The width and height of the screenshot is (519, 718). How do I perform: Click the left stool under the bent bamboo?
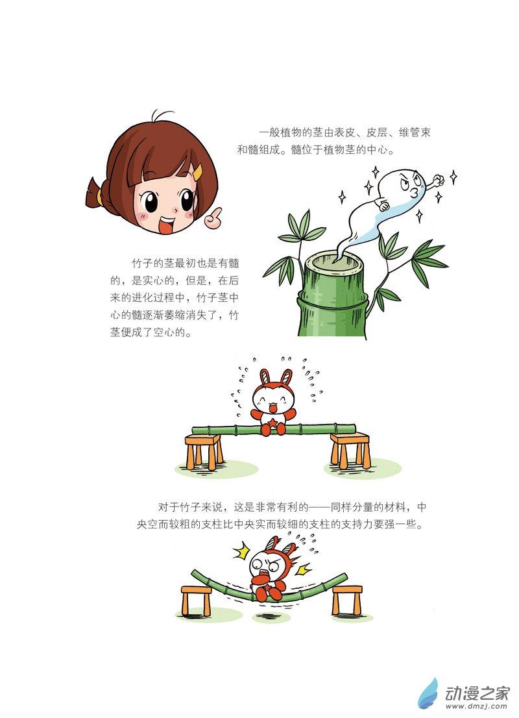197,600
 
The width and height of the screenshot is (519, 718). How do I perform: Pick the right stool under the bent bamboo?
346,599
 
